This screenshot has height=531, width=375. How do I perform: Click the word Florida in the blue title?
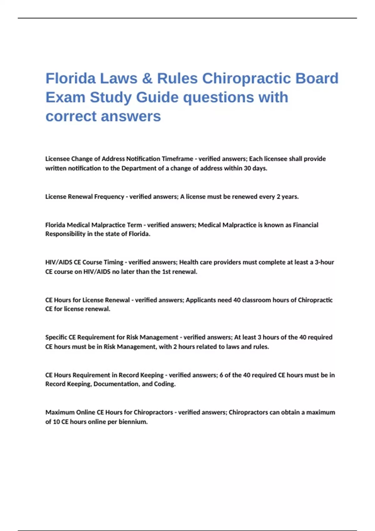pos(71,78)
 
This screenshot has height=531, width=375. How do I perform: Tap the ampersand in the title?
pos(147,78)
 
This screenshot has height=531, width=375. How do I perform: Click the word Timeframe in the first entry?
pos(177,159)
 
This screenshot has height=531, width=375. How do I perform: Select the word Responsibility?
pos(65,234)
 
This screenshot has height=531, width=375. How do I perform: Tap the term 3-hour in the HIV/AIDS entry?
pos(324,262)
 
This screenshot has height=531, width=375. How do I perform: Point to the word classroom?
pos(257,300)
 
